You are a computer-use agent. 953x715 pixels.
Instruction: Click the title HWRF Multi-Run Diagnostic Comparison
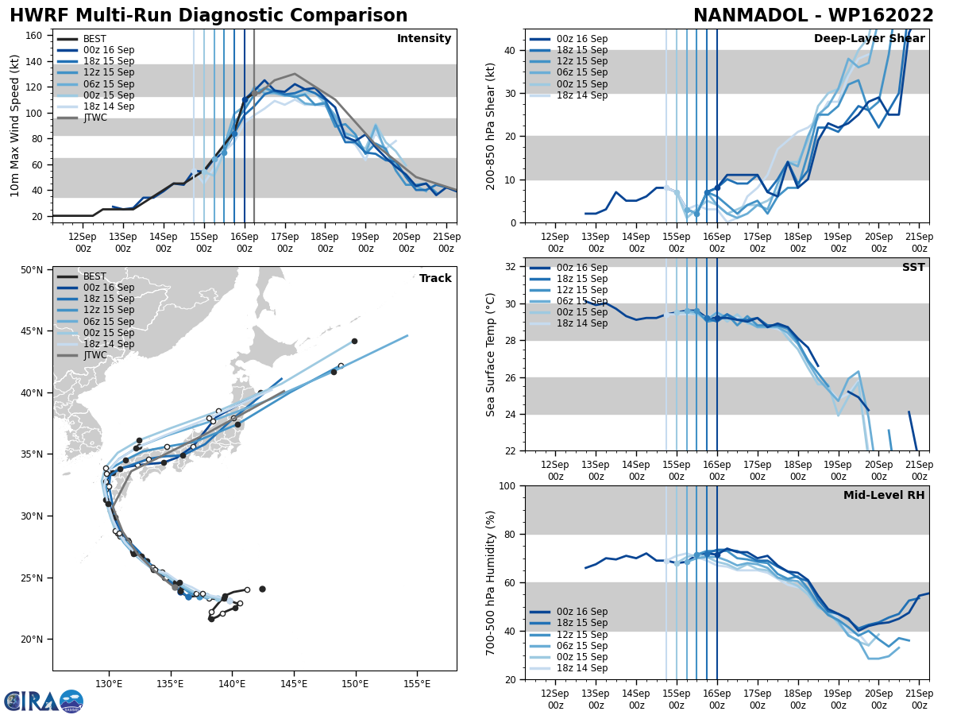pos(208,16)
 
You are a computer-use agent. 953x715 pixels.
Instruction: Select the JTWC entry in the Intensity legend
pos(95,118)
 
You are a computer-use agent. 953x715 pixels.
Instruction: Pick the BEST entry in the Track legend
pos(95,276)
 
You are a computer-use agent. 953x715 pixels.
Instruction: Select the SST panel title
pos(913,268)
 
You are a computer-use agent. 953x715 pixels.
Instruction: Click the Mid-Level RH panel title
pos(884,496)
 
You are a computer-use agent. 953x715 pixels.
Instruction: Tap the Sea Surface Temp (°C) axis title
pos(491,354)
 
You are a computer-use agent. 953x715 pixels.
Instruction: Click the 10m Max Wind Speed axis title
pos(15,126)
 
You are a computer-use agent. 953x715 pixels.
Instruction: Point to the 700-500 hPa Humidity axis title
pos(491,582)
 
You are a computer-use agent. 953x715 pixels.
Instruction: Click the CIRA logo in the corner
pos(44,701)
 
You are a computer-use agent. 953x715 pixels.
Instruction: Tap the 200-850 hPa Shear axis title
pos(491,126)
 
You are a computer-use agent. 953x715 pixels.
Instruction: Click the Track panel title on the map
pos(435,278)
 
